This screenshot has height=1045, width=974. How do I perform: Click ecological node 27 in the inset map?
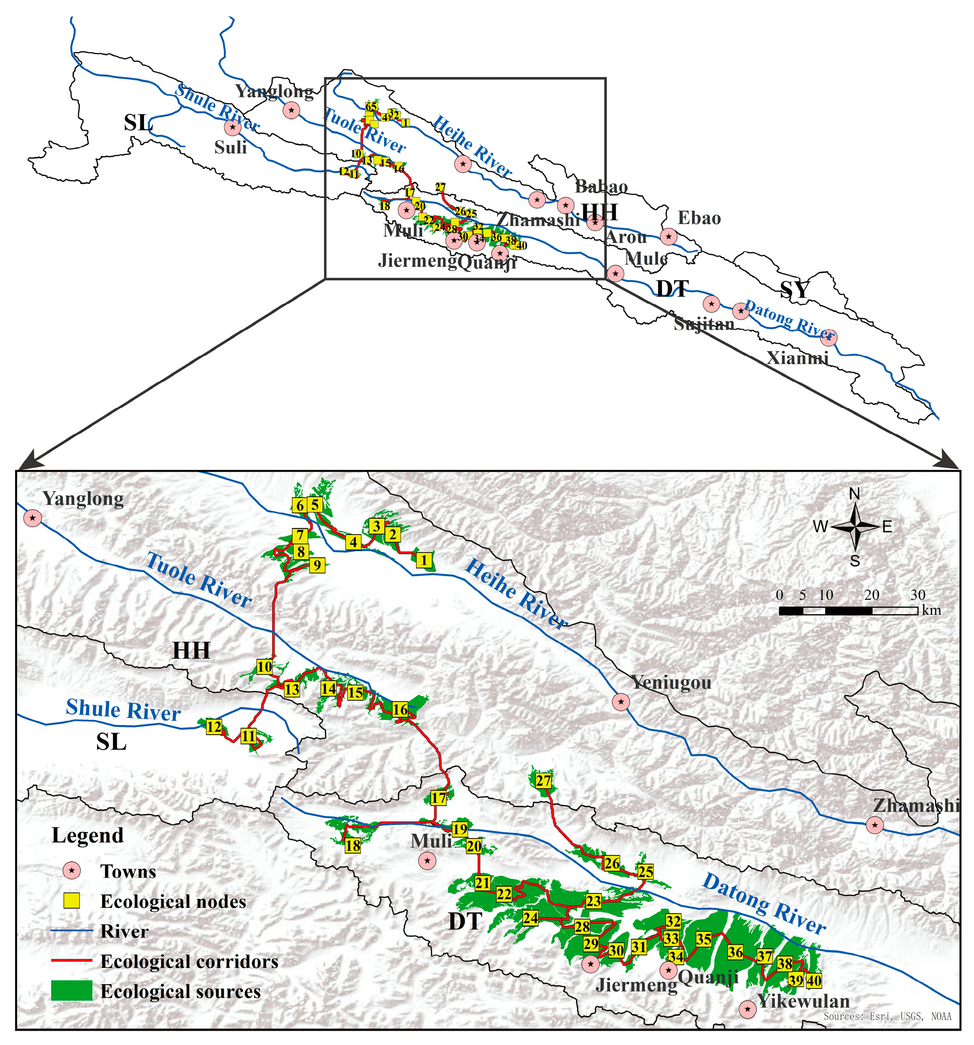click(543, 781)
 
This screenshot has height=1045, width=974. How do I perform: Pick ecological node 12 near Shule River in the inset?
click(214, 727)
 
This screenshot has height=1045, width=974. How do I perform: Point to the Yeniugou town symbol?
click(621, 702)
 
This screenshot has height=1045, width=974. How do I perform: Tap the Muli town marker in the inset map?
click(427, 861)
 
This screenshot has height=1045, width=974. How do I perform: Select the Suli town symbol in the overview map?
click(232, 127)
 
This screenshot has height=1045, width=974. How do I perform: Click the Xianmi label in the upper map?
click(798, 358)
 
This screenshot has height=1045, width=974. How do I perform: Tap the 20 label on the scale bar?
click(872, 595)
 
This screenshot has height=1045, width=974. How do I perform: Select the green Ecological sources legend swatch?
click(72, 991)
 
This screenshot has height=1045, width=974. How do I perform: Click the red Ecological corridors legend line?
click(72, 960)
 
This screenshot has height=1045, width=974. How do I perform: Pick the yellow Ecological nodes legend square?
click(72, 901)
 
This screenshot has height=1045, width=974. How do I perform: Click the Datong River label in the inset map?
click(764, 903)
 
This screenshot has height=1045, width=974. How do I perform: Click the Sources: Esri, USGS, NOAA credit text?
click(887, 1016)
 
